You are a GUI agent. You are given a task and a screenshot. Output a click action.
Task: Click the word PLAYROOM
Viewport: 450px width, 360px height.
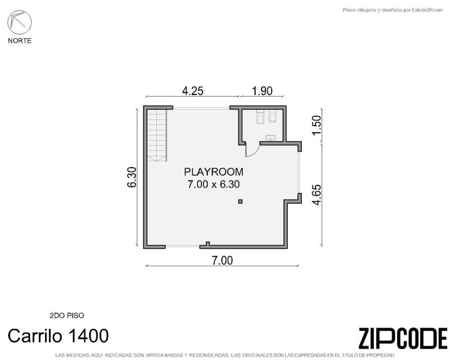pyautogui.click(x=214, y=172)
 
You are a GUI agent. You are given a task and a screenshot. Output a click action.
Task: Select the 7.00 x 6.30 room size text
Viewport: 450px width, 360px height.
pyautogui.click(x=214, y=184)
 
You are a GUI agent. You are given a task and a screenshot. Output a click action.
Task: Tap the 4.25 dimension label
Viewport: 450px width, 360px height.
pyautogui.click(x=193, y=91)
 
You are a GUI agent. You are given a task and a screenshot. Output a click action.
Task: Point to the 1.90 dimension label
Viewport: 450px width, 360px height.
pyautogui.click(x=262, y=91)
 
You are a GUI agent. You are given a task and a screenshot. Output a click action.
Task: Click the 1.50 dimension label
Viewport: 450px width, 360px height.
pyautogui.click(x=316, y=125)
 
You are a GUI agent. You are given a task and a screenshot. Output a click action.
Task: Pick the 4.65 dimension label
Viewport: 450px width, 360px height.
pyautogui.click(x=316, y=195)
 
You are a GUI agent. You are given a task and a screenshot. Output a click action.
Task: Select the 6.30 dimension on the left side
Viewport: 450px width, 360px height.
pyautogui.click(x=132, y=177)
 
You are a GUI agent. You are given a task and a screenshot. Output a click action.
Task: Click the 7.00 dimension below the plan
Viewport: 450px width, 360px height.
pyautogui.click(x=222, y=261)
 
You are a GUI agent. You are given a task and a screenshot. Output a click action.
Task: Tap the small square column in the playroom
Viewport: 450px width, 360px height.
pyautogui.click(x=240, y=201)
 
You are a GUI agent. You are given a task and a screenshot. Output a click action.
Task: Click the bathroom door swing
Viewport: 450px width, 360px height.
pyautogui.click(x=252, y=150)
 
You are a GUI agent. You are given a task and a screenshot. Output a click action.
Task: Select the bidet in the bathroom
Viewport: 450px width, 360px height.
pyautogui.click(x=272, y=116)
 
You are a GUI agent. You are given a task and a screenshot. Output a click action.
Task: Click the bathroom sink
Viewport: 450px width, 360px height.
pyautogui.click(x=270, y=139)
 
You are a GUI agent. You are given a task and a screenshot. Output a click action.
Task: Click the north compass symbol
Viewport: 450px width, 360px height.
pyautogui.click(x=19, y=22)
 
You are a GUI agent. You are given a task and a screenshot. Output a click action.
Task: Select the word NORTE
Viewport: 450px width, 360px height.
pyautogui.click(x=19, y=41)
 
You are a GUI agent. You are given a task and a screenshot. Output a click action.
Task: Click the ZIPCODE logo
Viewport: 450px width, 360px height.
pyautogui.click(x=403, y=339)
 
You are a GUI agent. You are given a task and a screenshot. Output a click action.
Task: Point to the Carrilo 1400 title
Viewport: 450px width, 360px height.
pyautogui.click(x=58, y=336)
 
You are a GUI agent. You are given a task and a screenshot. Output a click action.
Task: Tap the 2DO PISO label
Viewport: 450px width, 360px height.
pyautogui.click(x=67, y=315)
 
